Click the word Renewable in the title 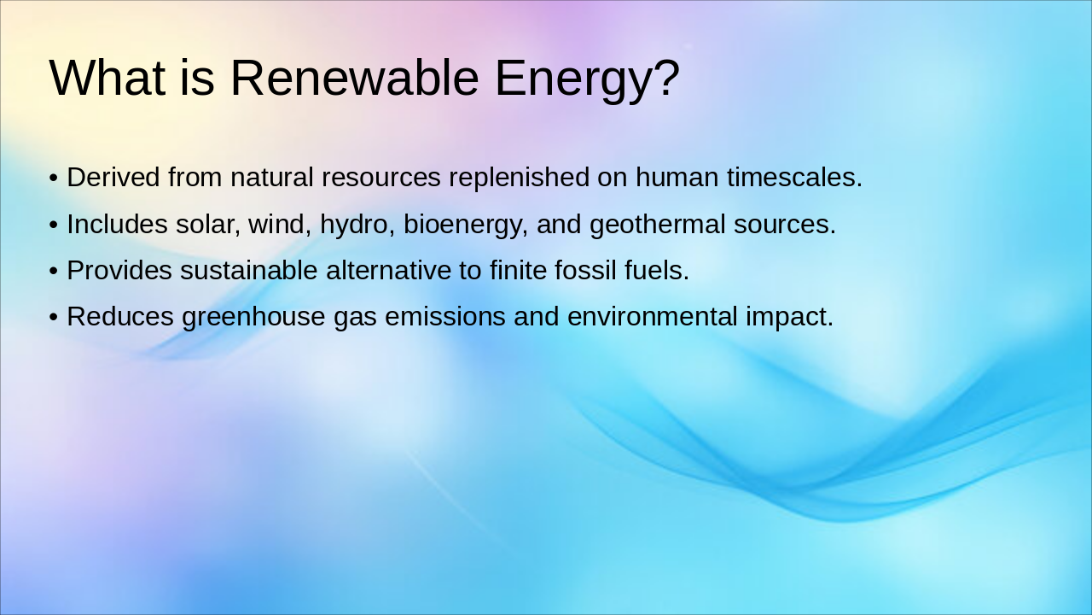click(x=354, y=78)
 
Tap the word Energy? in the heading click(x=587, y=79)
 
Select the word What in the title click(x=107, y=78)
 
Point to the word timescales click(x=794, y=178)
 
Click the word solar click(x=208, y=225)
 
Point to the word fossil click(x=584, y=271)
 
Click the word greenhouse click(x=253, y=317)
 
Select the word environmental click(x=652, y=317)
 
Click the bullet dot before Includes click(x=54, y=225)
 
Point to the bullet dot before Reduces click(x=54, y=318)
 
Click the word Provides click(x=119, y=271)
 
